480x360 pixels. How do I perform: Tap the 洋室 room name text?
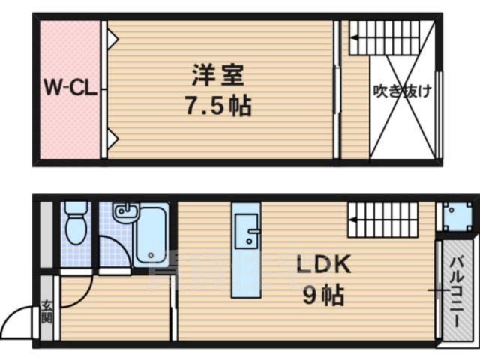(217, 75)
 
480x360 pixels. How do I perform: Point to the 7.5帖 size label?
(217, 105)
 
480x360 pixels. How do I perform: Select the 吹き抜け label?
(403, 91)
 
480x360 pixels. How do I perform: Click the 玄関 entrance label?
(46, 309)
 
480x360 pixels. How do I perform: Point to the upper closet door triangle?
(110, 34)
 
